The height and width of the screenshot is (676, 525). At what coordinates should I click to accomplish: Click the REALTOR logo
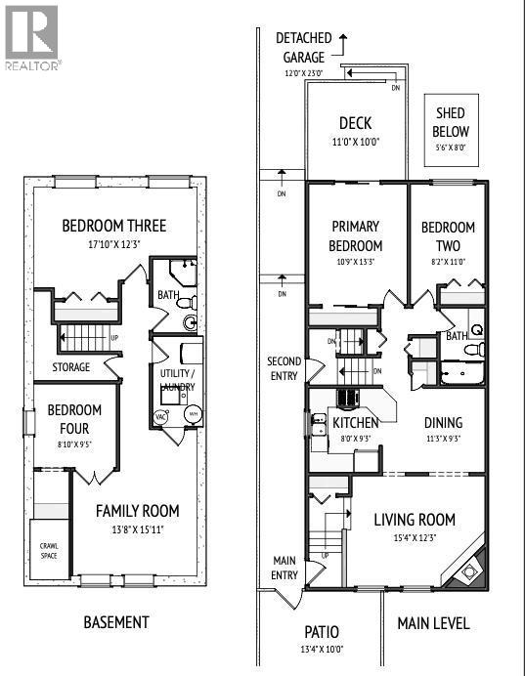[x=32, y=37]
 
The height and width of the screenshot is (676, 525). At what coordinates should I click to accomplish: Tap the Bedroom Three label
[x=114, y=226]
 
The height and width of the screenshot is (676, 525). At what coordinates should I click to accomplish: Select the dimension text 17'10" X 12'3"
[x=114, y=244]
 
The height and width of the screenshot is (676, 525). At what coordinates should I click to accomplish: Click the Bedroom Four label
[x=68, y=419]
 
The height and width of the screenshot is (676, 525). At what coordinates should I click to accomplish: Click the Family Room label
[x=137, y=510]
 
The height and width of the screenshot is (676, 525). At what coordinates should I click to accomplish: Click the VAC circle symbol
[x=161, y=416]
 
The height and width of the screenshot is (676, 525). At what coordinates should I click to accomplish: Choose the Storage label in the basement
[x=71, y=367]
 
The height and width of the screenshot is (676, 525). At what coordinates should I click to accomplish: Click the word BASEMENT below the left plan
[x=115, y=622]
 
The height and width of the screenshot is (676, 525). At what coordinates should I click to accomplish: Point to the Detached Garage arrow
[x=343, y=39]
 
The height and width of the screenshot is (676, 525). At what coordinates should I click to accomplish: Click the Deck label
[x=355, y=123]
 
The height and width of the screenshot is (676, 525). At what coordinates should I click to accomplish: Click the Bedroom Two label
[x=448, y=235]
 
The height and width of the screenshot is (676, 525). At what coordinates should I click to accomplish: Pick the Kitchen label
[x=355, y=423]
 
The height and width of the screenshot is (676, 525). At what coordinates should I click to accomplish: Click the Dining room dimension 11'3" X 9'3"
[x=443, y=440]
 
